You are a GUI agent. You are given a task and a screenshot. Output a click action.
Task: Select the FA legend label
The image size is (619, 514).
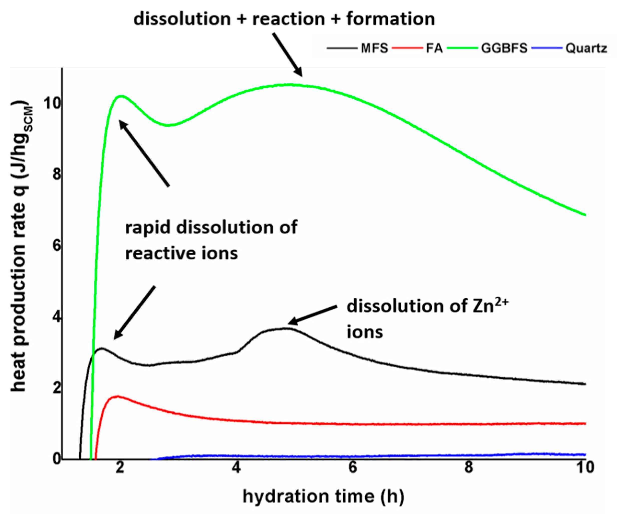tap(434, 48)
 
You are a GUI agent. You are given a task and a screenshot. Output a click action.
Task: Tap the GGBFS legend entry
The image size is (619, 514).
tap(504, 48)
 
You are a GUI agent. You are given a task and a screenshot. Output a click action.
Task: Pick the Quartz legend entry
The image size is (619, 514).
tap(586, 48)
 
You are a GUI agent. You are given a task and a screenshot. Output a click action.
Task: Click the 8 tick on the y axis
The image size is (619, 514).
tap(56, 174)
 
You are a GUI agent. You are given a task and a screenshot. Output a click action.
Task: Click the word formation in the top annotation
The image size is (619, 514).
tap(390, 19)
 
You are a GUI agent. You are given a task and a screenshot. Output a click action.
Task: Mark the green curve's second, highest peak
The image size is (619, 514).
tap(290, 85)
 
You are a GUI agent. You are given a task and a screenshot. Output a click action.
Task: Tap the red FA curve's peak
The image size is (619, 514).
tap(118, 396)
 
